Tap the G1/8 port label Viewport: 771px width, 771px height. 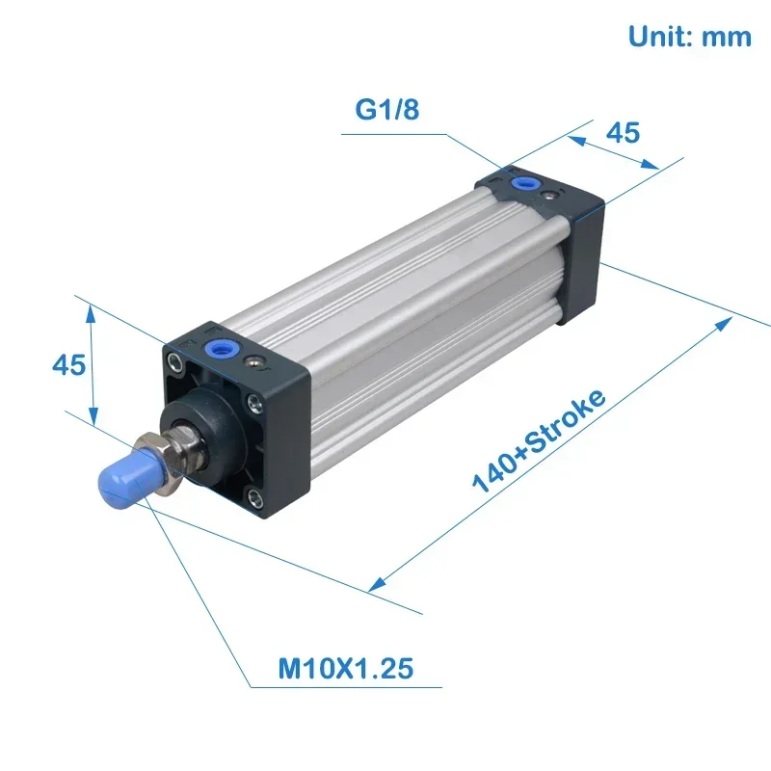pos(388,110)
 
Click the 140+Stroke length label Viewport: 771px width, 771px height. pos(540,440)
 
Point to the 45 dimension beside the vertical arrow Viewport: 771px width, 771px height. pos(68,365)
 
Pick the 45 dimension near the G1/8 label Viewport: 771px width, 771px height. pos(623,132)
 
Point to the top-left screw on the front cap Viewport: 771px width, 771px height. pos(174,362)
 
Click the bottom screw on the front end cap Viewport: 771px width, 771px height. pos(253,497)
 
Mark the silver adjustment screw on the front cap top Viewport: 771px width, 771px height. pos(254,362)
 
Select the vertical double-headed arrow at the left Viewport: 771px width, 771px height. pos(92,365)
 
